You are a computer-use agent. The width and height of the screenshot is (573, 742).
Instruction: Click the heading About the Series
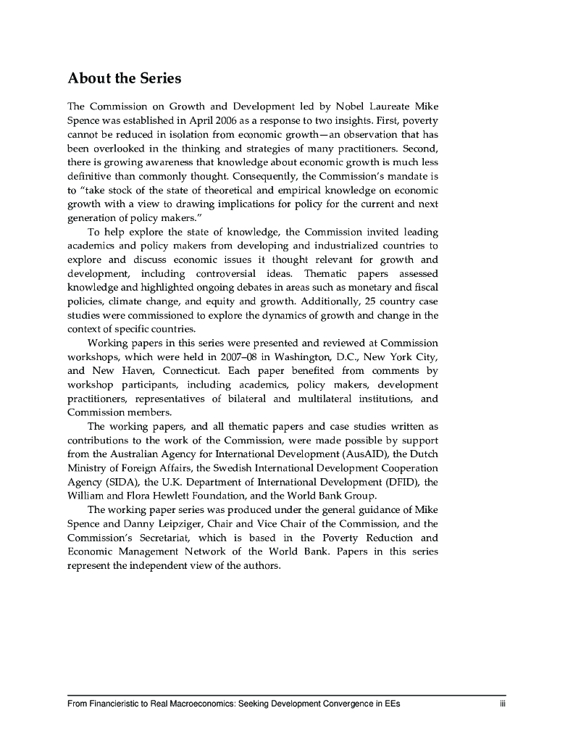click(x=124, y=78)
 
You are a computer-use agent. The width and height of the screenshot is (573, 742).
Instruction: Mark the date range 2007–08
click(x=248, y=356)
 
